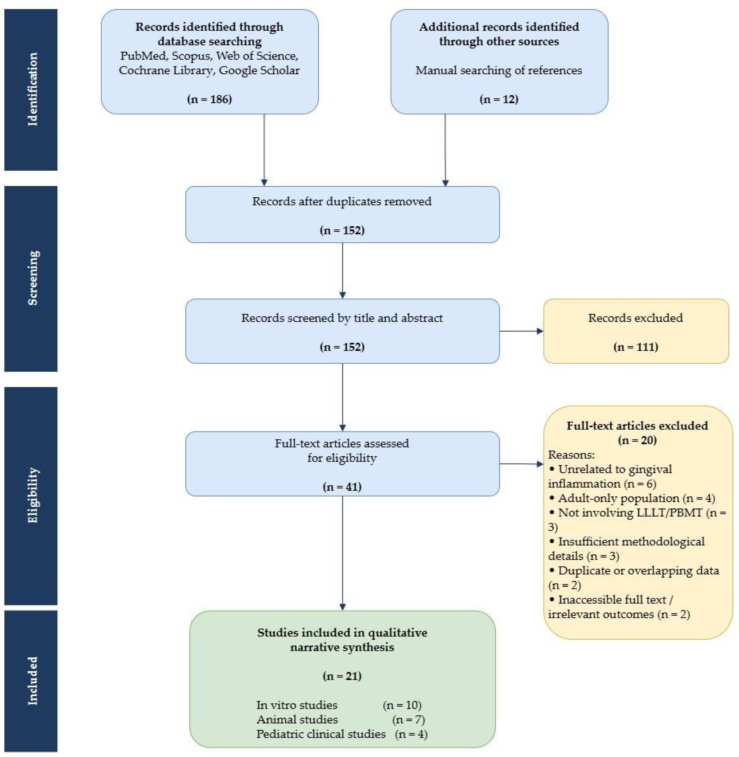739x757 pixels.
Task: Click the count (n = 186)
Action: (210, 99)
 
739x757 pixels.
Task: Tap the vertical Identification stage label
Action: (33, 89)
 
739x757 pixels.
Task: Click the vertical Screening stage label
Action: (33, 278)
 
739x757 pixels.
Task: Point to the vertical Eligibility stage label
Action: (33, 495)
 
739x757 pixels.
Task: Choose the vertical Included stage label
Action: (33, 681)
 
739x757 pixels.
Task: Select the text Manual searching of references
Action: (499, 70)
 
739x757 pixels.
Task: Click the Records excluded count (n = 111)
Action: (636, 347)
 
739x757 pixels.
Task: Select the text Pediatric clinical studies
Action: (321, 734)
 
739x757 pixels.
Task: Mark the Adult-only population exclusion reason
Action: (632, 498)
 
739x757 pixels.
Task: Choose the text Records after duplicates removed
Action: (342, 201)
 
